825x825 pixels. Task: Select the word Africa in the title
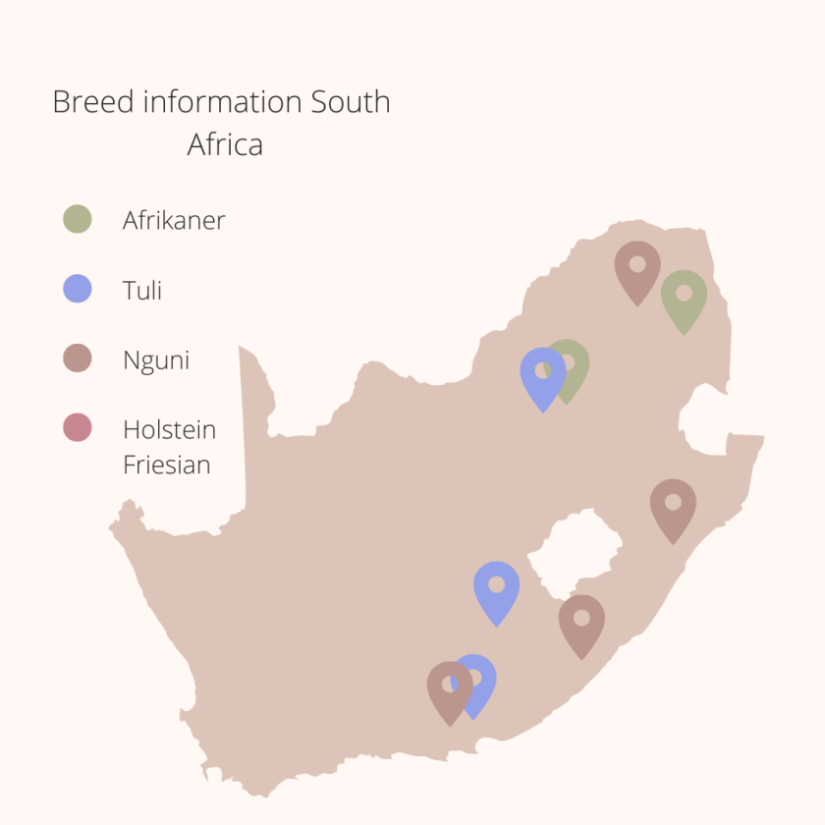[x=225, y=145]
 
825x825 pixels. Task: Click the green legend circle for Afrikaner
[x=77, y=219]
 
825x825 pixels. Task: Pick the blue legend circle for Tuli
[x=77, y=290]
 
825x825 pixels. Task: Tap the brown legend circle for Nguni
[x=77, y=358]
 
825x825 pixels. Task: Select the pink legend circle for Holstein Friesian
[x=77, y=428]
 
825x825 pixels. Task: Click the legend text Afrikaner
[x=174, y=220]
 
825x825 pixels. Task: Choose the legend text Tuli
[x=142, y=291]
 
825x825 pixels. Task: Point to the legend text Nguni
[x=156, y=360]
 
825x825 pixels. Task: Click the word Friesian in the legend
[x=167, y=465]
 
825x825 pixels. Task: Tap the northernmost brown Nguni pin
[x=637, y=266]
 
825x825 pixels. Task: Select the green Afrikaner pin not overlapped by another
[x=684, y=296]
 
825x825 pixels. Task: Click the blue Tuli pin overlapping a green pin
[x=542, y=373]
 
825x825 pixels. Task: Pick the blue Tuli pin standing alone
[x=496, y=586]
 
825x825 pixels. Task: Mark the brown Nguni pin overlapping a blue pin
[x=449, y=687]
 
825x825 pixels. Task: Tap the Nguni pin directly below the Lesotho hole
[x=581, y=620]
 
